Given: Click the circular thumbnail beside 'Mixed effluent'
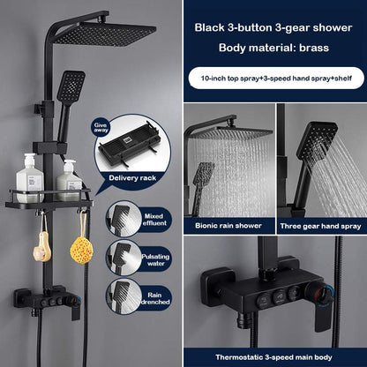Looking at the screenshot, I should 121,218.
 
